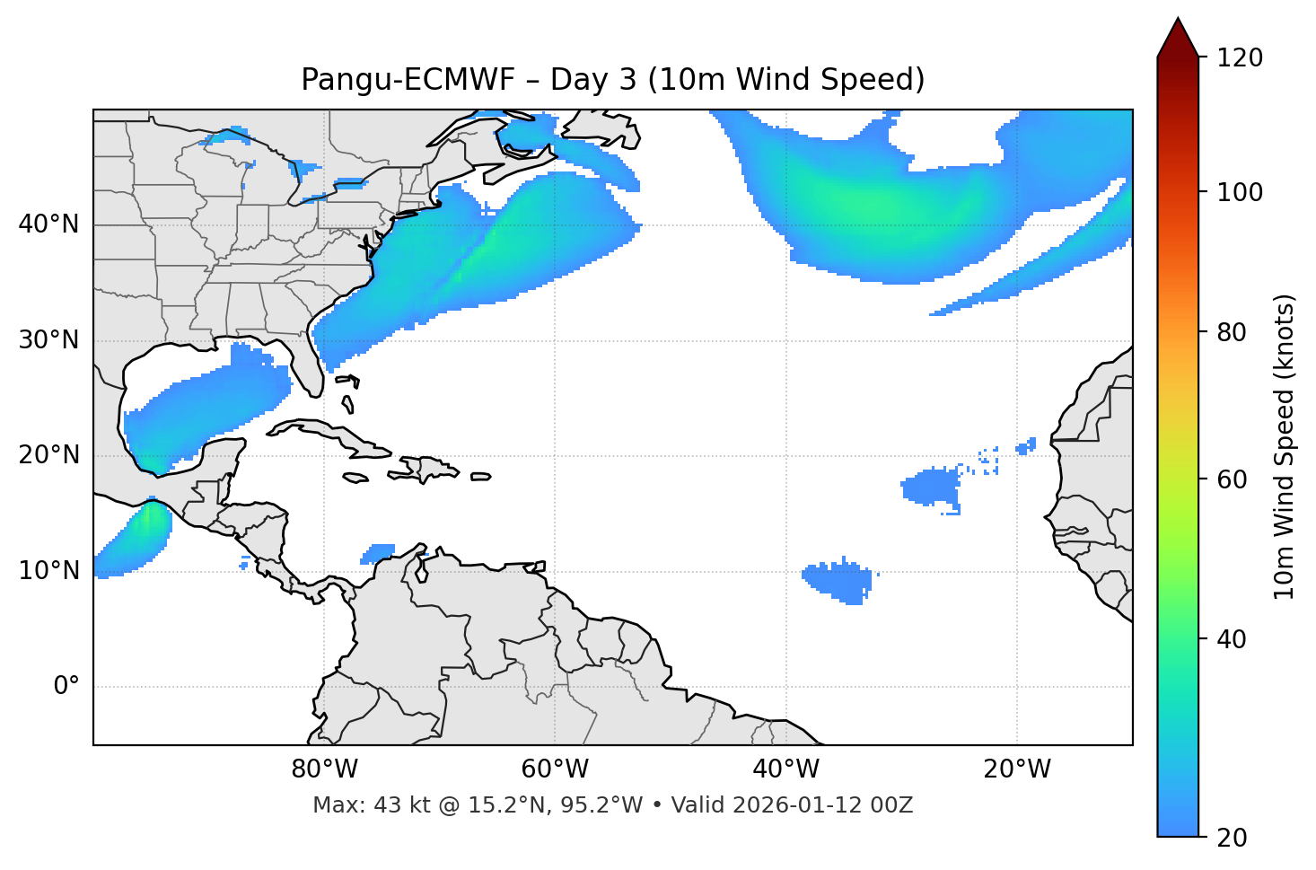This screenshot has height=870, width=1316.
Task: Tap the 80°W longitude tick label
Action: (324, 769)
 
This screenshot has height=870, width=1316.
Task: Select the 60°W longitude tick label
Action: (555, 769)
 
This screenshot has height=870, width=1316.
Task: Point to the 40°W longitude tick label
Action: (785, 769)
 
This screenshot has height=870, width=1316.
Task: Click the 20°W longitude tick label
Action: (1016, 769)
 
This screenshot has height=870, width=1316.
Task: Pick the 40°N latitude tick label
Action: (48, 224)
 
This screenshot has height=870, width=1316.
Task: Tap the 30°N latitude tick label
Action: (48, 340)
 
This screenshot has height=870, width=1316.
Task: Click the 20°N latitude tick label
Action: (48, 455)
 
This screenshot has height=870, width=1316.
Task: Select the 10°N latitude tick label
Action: (48, 571)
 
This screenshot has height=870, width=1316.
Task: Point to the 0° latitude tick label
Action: (66, 687)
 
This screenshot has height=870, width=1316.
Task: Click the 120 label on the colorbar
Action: (1239, 58)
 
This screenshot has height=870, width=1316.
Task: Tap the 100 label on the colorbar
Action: (1239, 192)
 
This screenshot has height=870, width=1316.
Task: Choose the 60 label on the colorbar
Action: (1233, 479)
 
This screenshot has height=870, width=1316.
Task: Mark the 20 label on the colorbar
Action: (1233, 838)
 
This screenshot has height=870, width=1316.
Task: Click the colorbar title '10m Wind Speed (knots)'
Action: (1285, 446)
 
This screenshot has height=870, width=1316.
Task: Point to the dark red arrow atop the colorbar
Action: (1178, 39)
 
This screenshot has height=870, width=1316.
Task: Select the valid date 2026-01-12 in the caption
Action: (798, 805)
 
